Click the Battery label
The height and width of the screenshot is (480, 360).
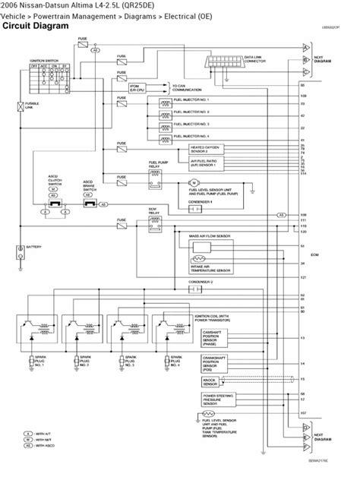33,248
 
